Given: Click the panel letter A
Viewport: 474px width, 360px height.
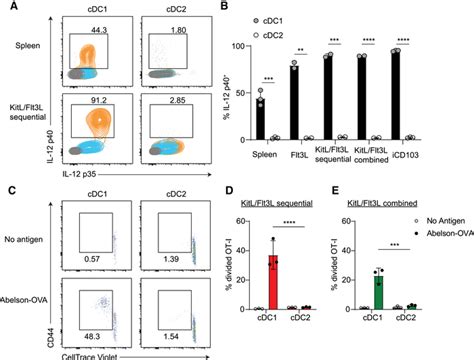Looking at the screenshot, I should (7, 9).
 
